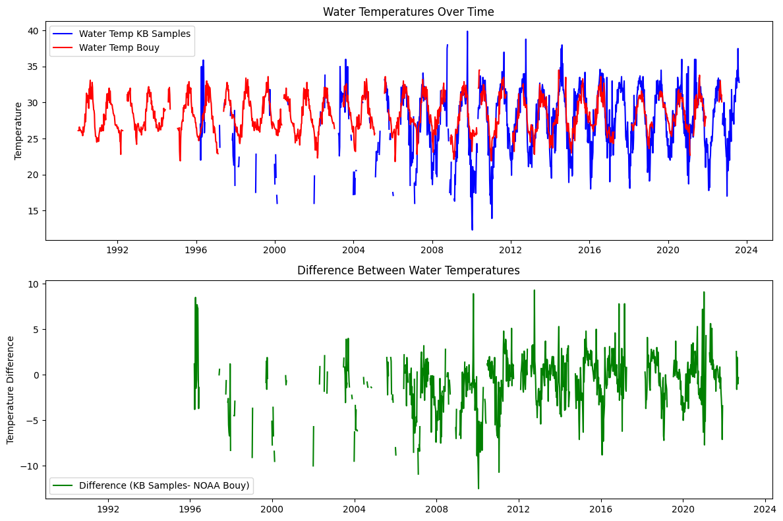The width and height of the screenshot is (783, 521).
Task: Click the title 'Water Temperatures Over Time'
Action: coord(409,12)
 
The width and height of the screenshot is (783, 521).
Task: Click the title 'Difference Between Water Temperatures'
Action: coord(409,270)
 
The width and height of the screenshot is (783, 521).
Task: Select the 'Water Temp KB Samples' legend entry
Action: coord(134,34)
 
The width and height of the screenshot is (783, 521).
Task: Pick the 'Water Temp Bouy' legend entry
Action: coord(119,47)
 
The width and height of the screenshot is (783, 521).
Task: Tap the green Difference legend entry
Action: coord(164,485)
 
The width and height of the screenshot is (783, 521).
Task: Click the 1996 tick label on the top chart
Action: coord(196,251)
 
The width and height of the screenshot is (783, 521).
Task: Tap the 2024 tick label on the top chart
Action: coord(747,251)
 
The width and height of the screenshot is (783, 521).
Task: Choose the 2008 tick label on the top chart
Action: coord(432,251)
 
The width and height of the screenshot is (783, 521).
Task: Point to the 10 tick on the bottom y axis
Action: coord(33,284)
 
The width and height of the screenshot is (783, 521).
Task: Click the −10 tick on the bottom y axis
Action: coord(30,466)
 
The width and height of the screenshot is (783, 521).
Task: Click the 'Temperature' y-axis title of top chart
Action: coord(18,131)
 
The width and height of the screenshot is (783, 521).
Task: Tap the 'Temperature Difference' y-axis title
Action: coord(11,389)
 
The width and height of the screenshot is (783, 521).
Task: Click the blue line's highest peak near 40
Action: coord(467,32)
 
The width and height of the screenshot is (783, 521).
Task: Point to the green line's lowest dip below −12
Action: coord(478,488)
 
